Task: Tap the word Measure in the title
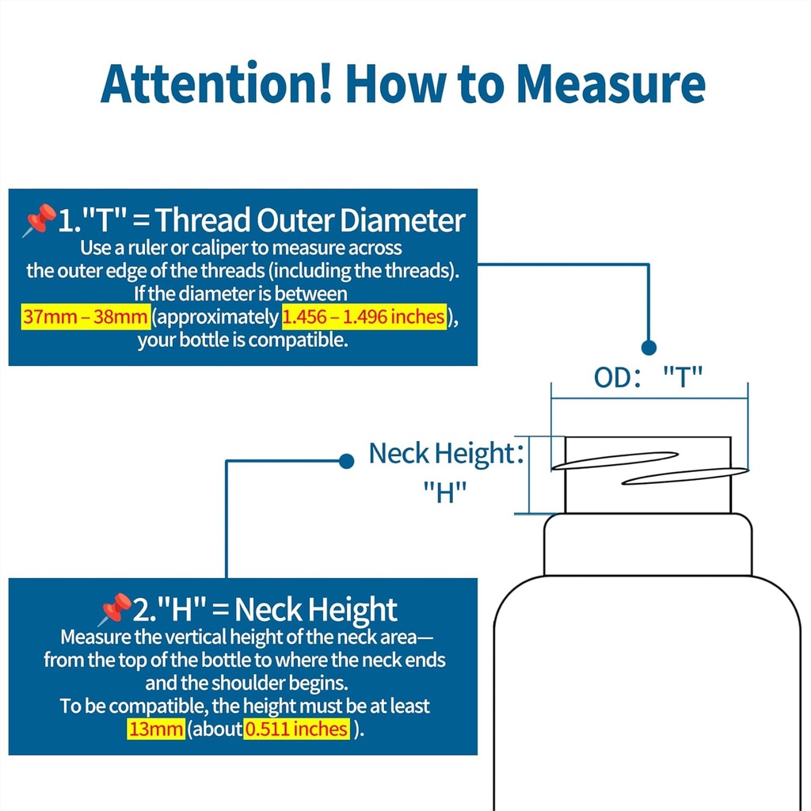pos(611,84)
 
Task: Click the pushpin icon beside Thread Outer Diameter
pos(40,220)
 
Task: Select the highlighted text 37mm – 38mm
pos(86,317)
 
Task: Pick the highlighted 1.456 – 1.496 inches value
pos(364,317)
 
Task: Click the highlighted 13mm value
pos(156,729)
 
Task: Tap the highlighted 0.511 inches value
pos(296,729)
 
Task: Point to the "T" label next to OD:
pos(683,376)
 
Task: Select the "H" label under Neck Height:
pos(445,492)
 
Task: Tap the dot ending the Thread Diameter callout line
pos(649,348)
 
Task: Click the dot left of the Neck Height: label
pos(346,461)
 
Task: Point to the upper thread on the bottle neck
pos(615,461)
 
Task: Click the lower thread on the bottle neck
pos(685,476)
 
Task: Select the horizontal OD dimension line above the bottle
pos(649,398)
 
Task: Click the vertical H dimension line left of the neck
pos(529,475)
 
